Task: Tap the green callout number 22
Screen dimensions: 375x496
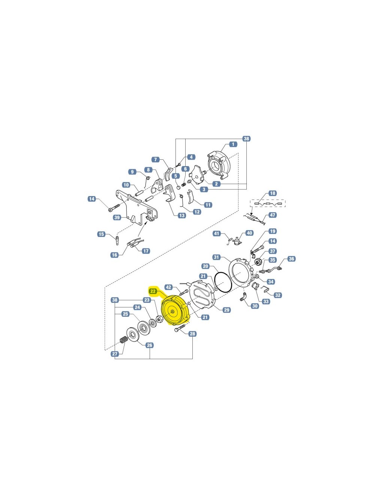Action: tap(153, 291)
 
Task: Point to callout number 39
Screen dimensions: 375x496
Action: tap(117, 217)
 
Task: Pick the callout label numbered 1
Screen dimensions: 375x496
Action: tap(233, 144)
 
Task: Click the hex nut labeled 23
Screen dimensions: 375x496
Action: tap(158, 319)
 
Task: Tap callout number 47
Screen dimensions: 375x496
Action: tap(273, 215)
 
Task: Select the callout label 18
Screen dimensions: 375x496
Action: tap(273, 193)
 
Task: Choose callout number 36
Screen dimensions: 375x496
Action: tap(291, 259)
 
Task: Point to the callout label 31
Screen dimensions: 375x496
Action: tap(216, 257)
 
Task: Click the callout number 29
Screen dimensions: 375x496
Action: tap(226, 310)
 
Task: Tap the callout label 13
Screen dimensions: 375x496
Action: tap(182, 215)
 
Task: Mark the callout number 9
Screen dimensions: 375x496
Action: tap(132, 172)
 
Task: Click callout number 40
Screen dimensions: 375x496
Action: tap(249, 233)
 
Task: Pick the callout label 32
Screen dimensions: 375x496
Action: tap(277, 295)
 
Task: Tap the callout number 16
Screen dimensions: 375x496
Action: tap(115, 255)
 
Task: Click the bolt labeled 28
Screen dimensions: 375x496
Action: tap(180, 328)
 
